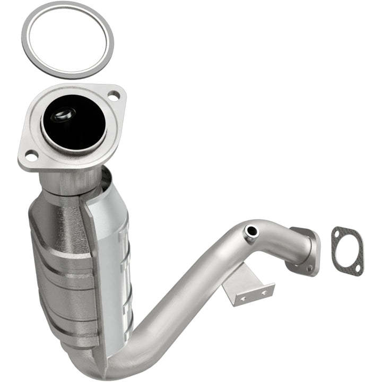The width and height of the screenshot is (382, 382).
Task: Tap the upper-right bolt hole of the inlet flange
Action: [x=113, y=96]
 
